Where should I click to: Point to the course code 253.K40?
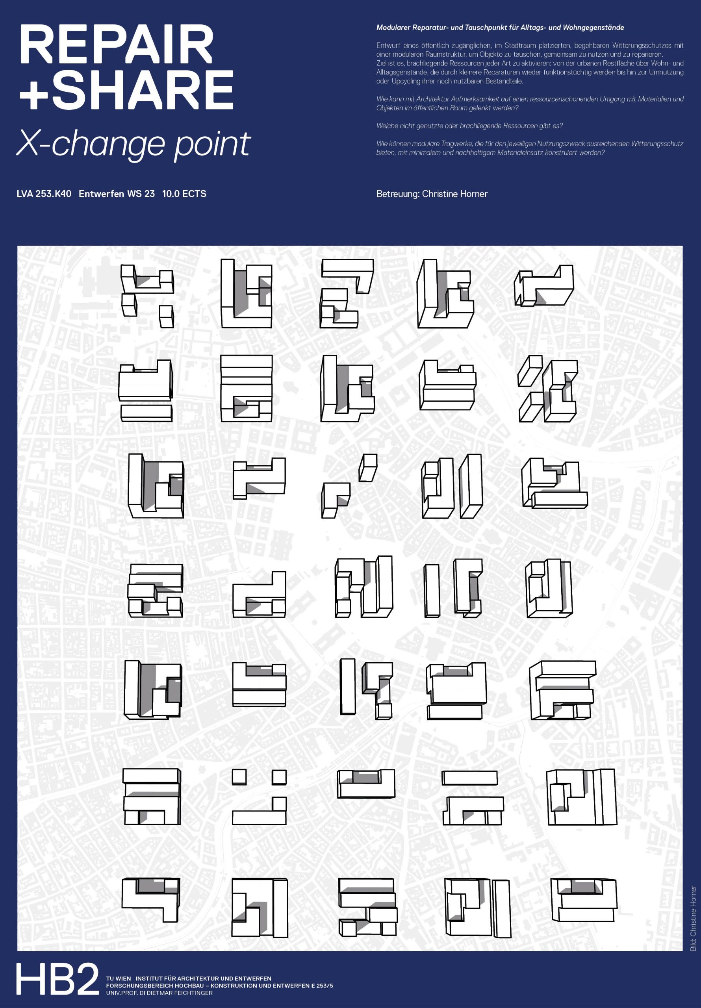(x=53, y=194)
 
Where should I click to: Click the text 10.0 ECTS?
(x=184, y=194)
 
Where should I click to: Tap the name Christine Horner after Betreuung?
(x=454, y=194)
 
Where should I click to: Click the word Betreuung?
(x=397, y=194)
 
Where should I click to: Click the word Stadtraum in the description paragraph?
(x=519, y=46)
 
